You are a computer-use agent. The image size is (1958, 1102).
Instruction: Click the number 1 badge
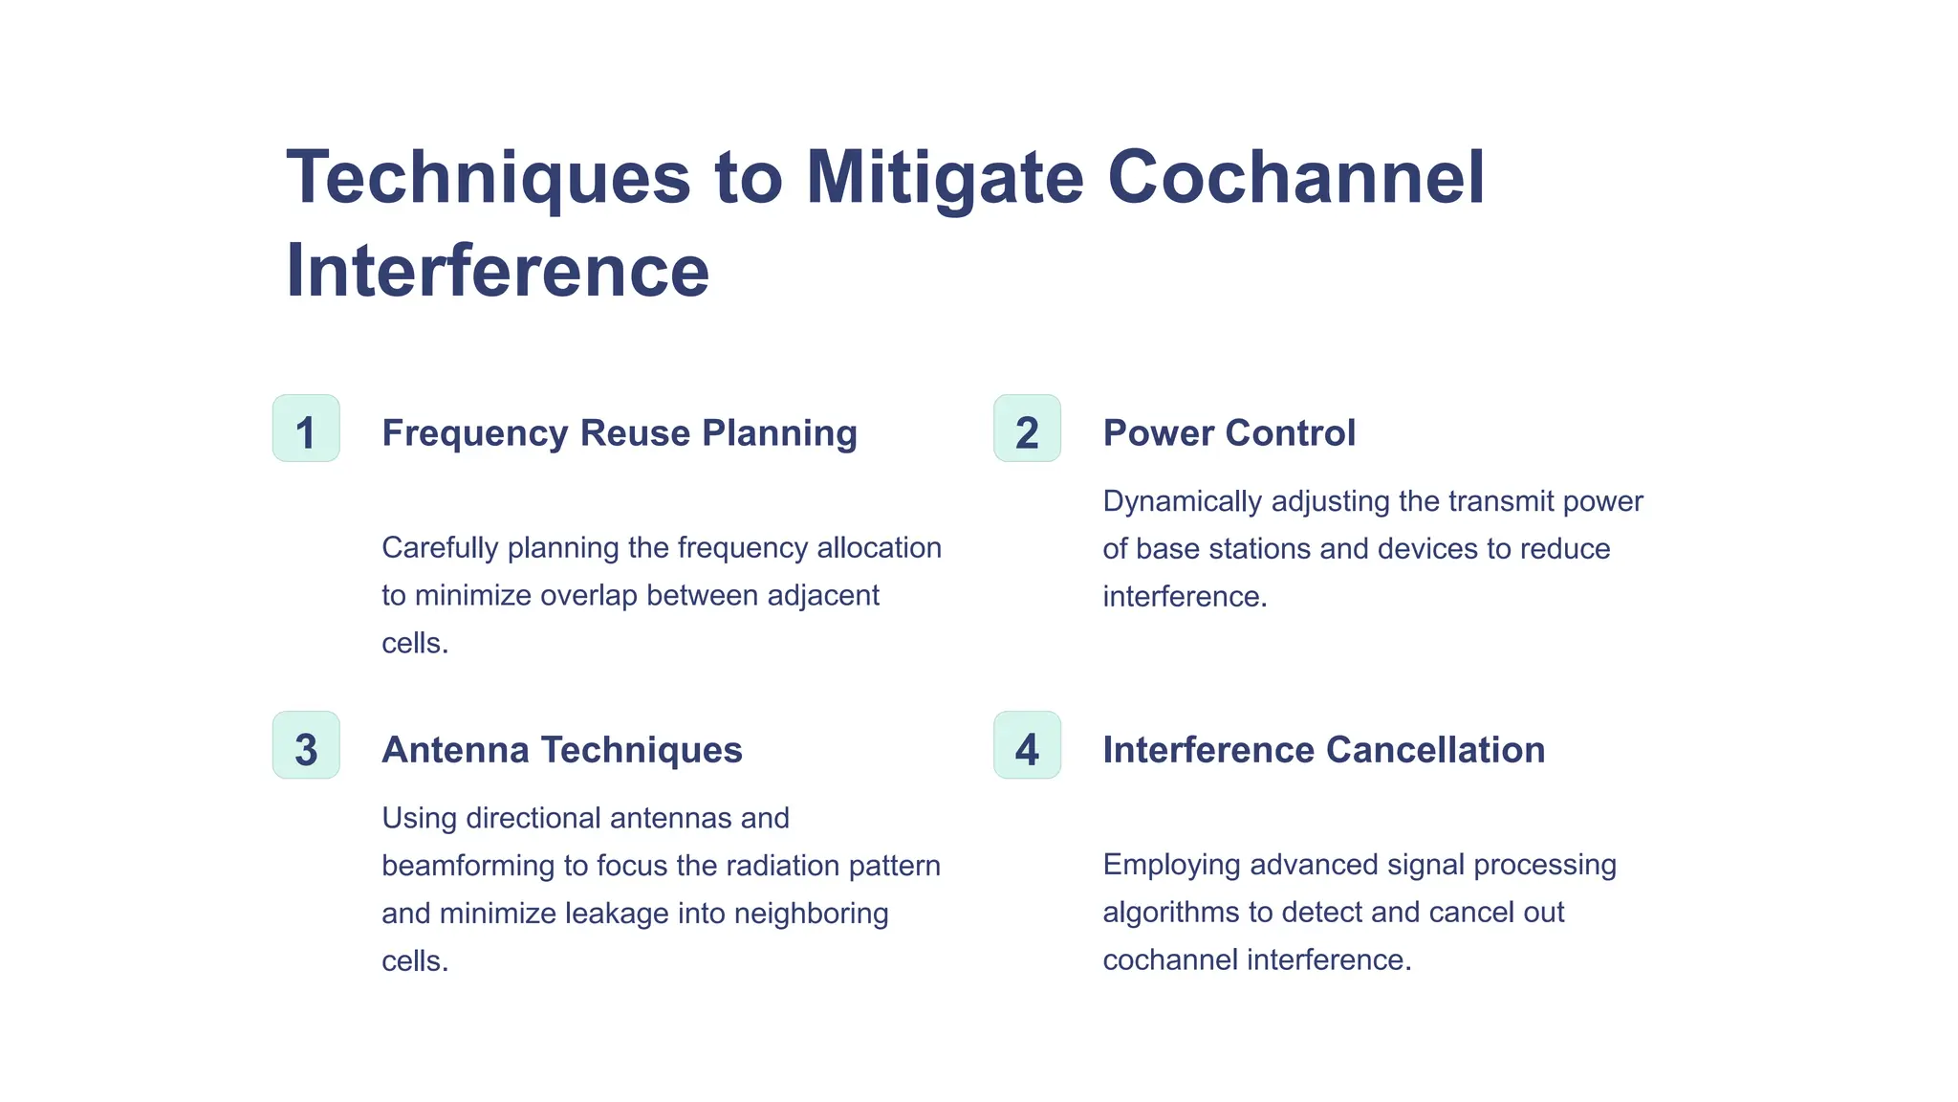pyautogui.click(x=306, y=429)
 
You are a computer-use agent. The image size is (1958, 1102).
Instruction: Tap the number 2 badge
pyautogui.click(x=1027, y=429)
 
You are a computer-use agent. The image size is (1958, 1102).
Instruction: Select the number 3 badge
pyautogui.click(x=306, y=745)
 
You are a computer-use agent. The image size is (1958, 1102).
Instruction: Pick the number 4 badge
pyautogui.click(x=1027, y=745)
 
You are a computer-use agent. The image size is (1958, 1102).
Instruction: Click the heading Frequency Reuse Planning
pyautogui.click(x=620, y=433)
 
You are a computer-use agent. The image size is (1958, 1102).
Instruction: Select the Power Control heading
pyautogui.click(x=1229, y=433)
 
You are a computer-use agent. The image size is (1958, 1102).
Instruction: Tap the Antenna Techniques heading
pyautogui.click(x=562, y=750)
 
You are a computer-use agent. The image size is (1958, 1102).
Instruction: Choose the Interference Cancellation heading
pyautogui.click(x=1323, y=750)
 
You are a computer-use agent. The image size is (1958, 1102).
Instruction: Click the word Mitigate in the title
pyautogui.click(x=945, y=178)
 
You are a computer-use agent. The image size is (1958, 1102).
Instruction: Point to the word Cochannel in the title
pyautogui.click(x=1295, y=178)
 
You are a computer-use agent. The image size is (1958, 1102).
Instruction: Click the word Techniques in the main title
pyautogui.click(x=488, y=178)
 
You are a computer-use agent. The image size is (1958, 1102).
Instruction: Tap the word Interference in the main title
pyautogui.click(x=497, y=271)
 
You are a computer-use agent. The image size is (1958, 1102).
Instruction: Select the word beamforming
pyautogui.click(x=468, y=866)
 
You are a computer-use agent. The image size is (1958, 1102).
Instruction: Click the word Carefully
pyautogui.click(x=440, y=548)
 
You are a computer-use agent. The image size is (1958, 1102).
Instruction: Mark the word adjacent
pyautogui.click(x=823, y=596)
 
